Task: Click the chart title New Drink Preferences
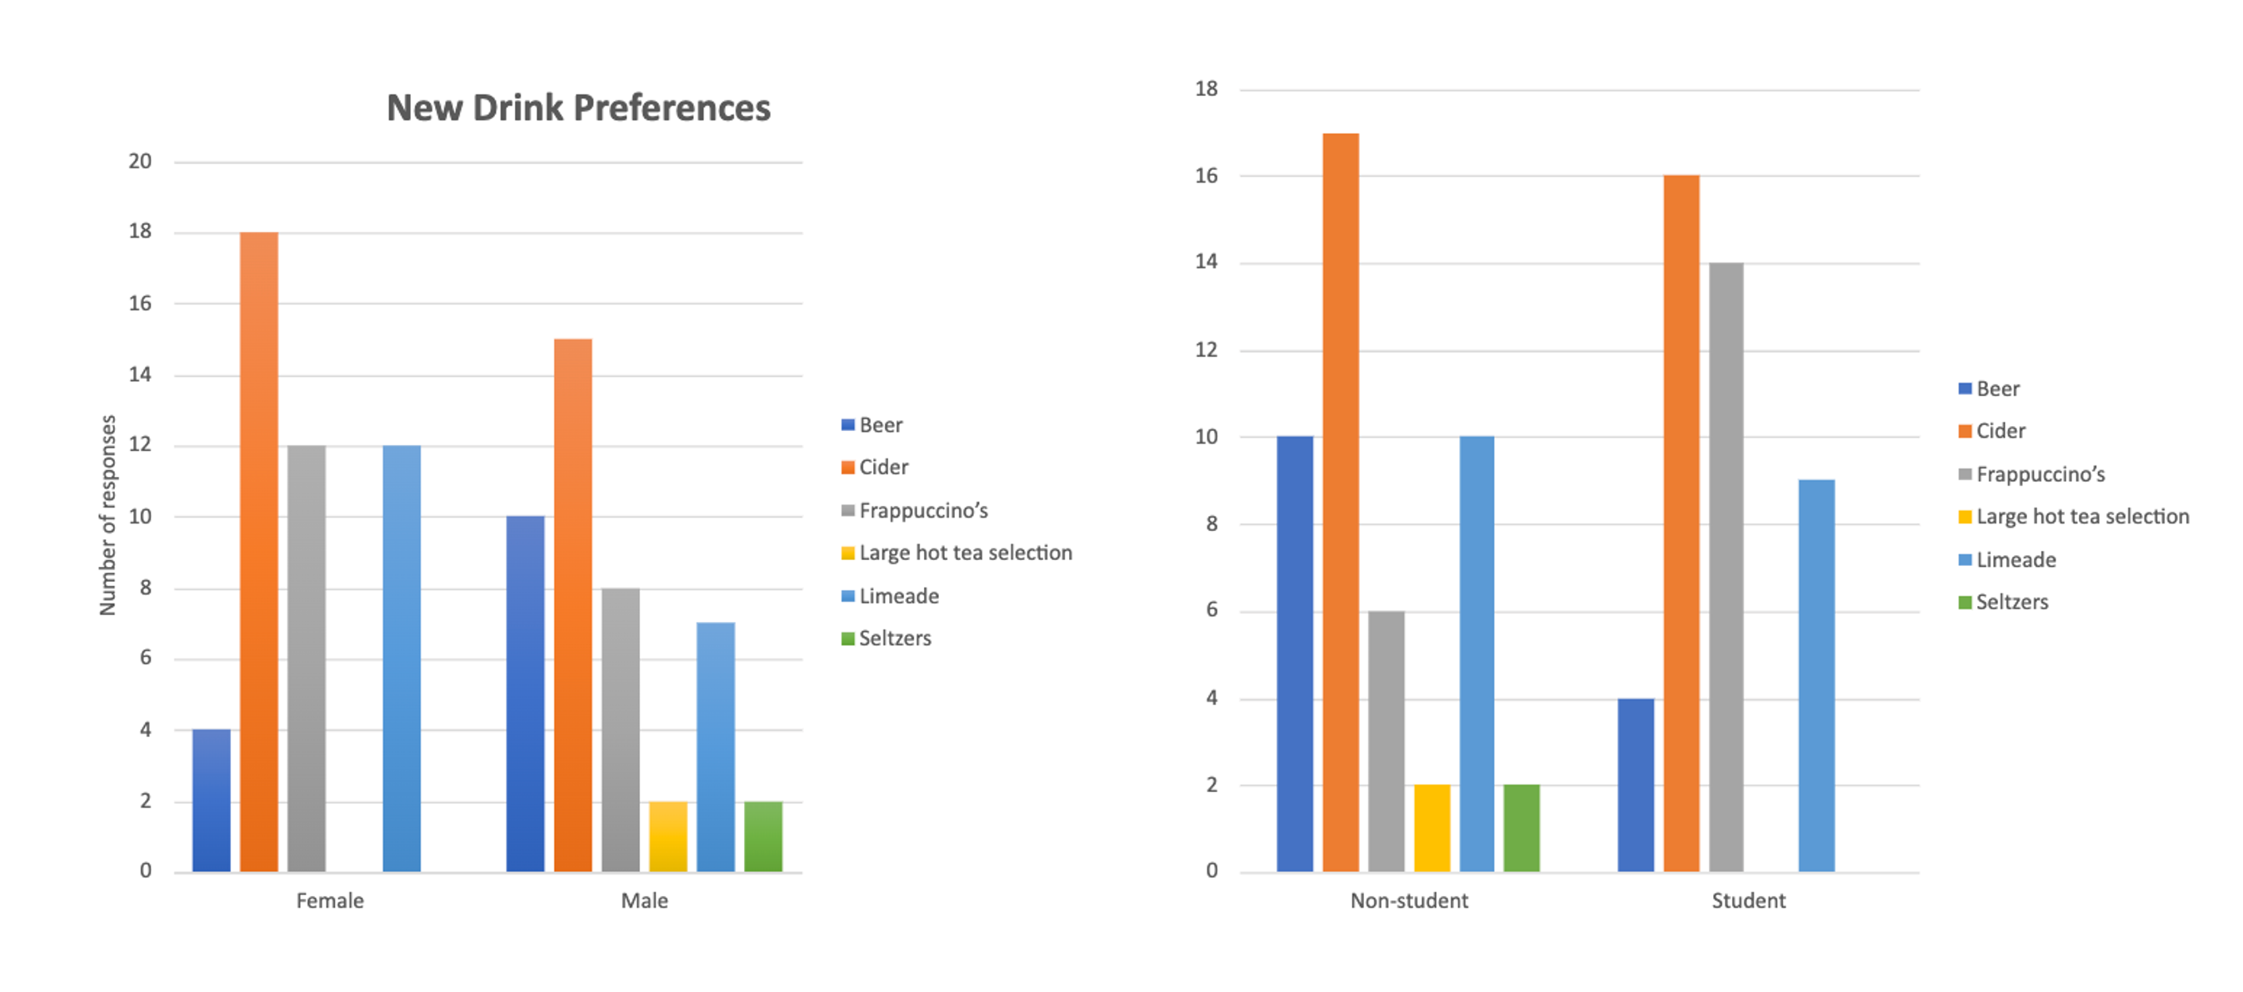coord(578,108)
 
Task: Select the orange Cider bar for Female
coord(258,551)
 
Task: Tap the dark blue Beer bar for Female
coord(212,799)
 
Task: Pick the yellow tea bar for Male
coord(668,836)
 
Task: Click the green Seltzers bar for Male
coord(762,836)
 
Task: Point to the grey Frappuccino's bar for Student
coord(1726,566)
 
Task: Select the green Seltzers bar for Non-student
coord(1521,828)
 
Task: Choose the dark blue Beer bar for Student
coord(1636,784)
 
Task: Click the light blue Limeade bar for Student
coord(1816,675)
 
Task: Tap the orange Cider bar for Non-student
coord(1340,502)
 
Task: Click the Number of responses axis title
coord(108,516)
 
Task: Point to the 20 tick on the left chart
coord(139,161)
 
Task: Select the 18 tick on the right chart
coord(1206,89)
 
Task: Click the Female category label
coord(329,900)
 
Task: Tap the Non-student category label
coord(1409,900)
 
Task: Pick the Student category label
coord(1748,900)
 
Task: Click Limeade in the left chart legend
coord(898,596)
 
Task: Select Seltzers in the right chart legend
coord(2011,602)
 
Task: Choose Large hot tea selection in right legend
coord(2082,517)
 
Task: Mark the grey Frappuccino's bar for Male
coord(620,730)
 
